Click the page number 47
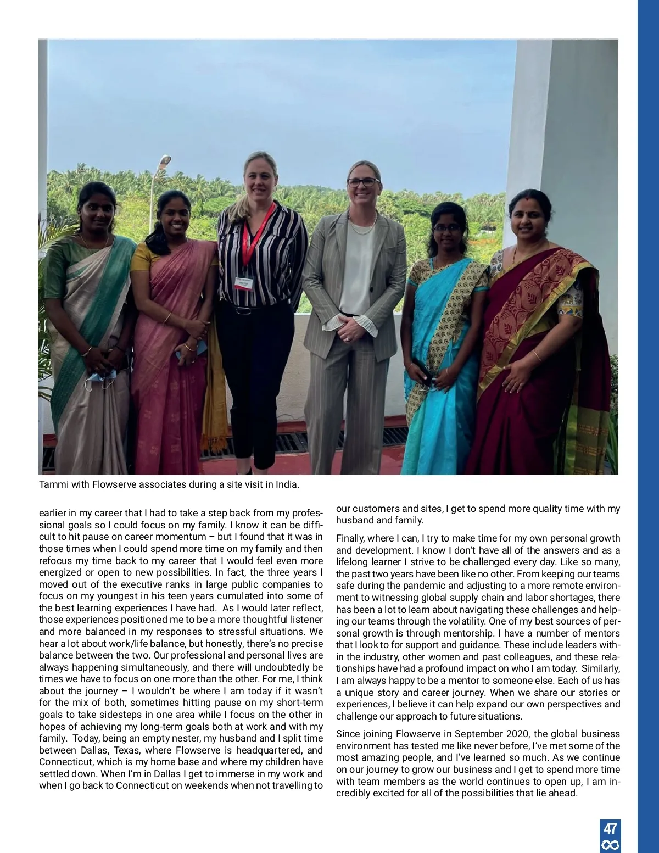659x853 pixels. click(x=610, y=828)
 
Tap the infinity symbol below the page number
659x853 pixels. click(x=610, y=845)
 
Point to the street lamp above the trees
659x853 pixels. click(x=164, y=160)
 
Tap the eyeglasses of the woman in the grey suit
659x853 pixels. click(x=363, y=182)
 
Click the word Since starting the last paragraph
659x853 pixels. click(x=347, y=734)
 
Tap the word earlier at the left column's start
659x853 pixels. click(x=53, y=513)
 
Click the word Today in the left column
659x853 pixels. click(x=86, y=738)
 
